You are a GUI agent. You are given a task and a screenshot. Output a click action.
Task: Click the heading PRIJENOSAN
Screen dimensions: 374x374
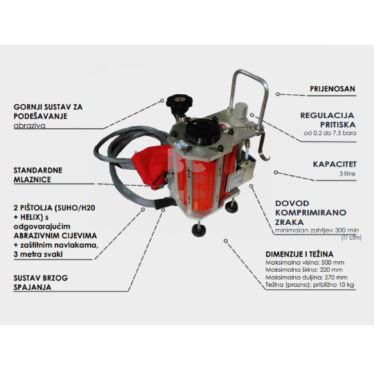[x=333, y=89]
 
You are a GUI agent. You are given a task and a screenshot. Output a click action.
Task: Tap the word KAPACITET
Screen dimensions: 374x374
[x=335, y=164]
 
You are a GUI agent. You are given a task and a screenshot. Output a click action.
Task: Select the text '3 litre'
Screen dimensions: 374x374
[x=347, y=174]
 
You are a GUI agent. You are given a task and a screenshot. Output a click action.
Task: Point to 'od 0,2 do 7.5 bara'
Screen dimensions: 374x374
[x=330, y=133]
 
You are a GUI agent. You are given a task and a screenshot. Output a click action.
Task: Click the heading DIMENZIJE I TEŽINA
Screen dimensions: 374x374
[x=300, y=254]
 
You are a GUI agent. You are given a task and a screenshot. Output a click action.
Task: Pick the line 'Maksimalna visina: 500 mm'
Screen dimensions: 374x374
[x=305, y=262]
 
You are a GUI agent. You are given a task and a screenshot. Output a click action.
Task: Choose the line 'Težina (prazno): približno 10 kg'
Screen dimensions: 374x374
[x=310, y=285]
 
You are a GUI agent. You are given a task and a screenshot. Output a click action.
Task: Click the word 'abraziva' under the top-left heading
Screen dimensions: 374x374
[x=29, y=126]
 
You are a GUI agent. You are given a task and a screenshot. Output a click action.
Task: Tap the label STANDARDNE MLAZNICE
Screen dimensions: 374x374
[x=38, y=175]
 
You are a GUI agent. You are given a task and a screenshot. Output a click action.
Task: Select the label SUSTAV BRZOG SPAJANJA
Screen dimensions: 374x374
[x=41, y=283]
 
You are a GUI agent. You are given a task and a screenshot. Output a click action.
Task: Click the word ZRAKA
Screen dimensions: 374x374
[x=289, y=222]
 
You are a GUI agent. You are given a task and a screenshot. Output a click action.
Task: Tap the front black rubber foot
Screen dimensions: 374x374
[x=199, y=229]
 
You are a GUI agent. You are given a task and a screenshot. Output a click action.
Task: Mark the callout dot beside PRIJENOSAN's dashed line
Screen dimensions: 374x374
[x=278, y=94]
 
